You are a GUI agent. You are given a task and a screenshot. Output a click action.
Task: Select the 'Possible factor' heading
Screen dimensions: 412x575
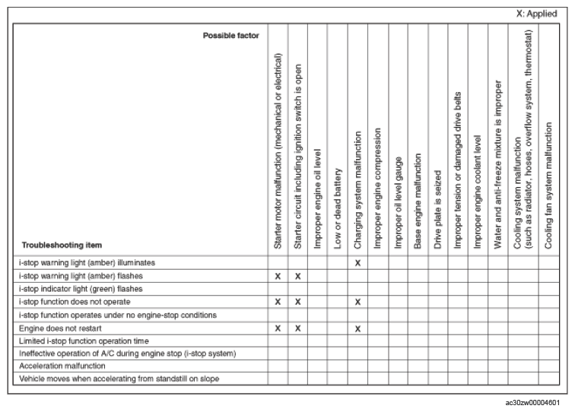230,36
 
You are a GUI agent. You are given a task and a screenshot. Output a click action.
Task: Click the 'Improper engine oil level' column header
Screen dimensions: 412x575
318,199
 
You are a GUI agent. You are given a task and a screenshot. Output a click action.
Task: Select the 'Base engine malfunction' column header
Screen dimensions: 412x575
417,201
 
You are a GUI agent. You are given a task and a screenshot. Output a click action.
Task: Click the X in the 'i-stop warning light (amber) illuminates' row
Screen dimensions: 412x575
357,262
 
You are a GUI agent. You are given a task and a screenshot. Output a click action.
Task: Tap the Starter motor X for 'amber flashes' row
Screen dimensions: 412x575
278,275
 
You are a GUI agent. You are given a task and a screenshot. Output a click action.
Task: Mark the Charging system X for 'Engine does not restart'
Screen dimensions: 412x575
357,328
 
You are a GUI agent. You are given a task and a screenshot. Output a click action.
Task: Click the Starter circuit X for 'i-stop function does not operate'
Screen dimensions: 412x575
298,302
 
